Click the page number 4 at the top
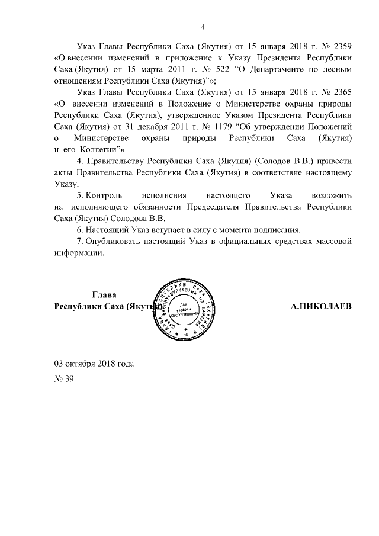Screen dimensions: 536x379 point(203,27)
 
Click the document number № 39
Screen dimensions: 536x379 point(63,379)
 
